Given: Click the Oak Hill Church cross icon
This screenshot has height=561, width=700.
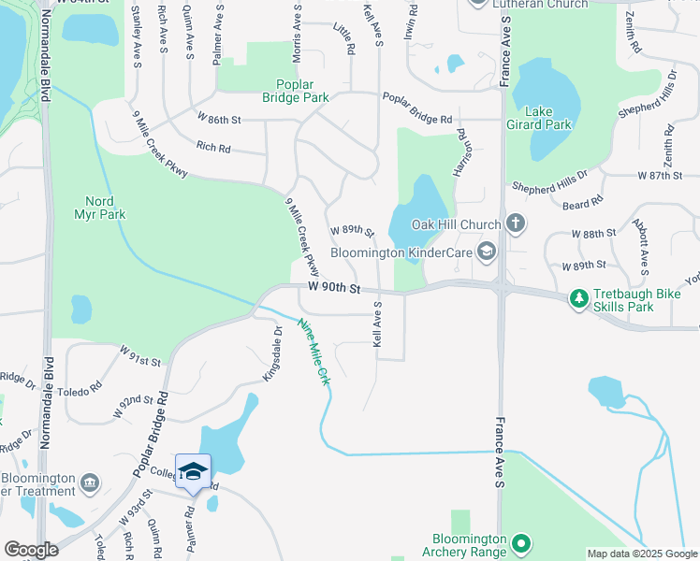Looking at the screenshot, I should point(514,223).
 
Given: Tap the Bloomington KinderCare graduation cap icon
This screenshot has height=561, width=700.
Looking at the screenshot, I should point(486,252).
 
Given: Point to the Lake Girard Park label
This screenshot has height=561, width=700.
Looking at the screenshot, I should point(547,117).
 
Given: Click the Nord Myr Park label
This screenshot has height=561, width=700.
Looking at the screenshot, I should point(105,208).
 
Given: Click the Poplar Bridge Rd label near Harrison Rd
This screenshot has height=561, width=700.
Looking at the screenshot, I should point(416,120).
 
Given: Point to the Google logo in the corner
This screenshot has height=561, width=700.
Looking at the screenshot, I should point(32,550).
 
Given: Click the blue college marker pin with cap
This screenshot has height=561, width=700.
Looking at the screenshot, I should point(193,472).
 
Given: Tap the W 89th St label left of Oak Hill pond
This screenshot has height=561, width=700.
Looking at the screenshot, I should point(352,230).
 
